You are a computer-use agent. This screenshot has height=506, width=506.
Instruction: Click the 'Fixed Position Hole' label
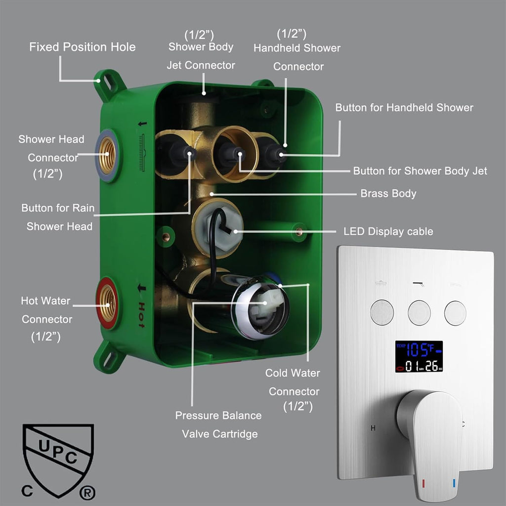click(83, 47)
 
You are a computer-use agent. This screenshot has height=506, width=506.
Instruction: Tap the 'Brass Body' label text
click(388, 193)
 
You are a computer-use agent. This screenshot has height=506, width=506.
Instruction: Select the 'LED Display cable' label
click(388, 231)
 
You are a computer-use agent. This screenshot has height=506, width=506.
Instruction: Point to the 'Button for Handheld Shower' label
click(404, 107)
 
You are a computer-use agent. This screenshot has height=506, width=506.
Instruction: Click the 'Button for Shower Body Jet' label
click(420, 170)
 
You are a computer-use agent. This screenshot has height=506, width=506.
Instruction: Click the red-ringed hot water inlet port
click(107, 303)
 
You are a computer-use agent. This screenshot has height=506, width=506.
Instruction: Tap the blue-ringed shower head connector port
click(107, 155)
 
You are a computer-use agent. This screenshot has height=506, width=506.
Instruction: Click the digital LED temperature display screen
click(419, 357)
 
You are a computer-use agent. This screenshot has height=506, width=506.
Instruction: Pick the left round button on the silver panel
click(382, 312)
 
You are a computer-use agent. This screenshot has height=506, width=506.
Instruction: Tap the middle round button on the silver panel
click(419, 313)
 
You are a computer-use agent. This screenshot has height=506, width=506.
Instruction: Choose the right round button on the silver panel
click(455, 313)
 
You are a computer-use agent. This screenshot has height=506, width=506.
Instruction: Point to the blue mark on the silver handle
click(454, 483)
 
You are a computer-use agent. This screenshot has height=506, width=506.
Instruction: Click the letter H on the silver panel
click(373, 428)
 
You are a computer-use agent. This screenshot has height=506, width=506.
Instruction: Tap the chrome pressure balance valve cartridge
click(260, 306)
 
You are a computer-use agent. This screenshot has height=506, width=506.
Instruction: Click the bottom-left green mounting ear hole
click(108, 359)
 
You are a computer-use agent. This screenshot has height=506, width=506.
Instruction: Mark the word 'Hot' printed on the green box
click(141, 315)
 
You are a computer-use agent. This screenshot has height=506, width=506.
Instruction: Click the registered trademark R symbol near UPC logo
click(87, 493)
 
